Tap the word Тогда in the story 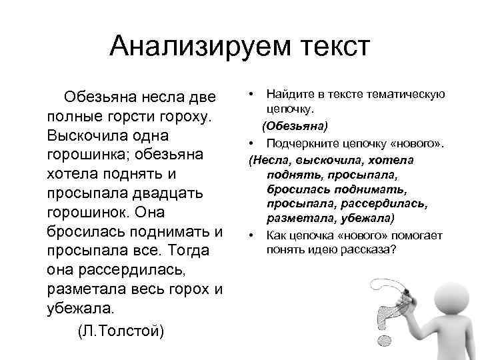[x=189, y=251]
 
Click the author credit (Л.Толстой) [x=120, y=331]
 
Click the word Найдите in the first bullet [x=287, y=95]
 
